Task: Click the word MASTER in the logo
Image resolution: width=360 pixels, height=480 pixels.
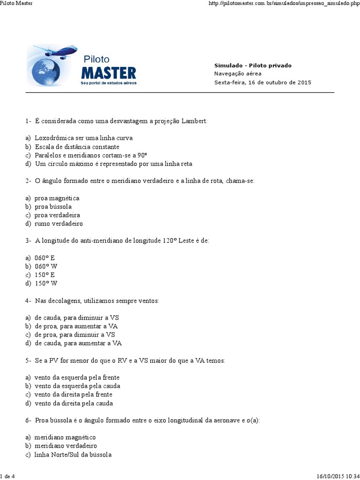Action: tap(108, 73)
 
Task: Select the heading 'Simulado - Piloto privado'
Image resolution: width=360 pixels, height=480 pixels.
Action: tap(253, 66)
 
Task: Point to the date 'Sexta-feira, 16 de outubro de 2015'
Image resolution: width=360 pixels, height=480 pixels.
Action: tap(262, 82)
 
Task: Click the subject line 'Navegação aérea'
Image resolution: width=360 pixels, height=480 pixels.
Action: tap(238, 74)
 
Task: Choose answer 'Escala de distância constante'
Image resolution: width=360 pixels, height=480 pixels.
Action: tap(77, 147)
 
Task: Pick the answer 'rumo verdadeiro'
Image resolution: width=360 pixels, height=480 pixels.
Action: tap(59, 224)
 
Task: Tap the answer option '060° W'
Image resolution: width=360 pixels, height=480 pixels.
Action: tap(46, 266)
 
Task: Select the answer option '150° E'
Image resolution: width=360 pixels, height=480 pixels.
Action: tap(45, 275)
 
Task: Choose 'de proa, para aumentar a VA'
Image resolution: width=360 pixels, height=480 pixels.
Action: tap(76, 326)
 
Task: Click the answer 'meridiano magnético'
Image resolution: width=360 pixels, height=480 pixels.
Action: tap(65, 437)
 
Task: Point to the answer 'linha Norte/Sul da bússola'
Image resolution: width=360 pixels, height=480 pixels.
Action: tap(73, 455)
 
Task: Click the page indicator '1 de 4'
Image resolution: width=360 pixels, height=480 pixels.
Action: tap(8, 476)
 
